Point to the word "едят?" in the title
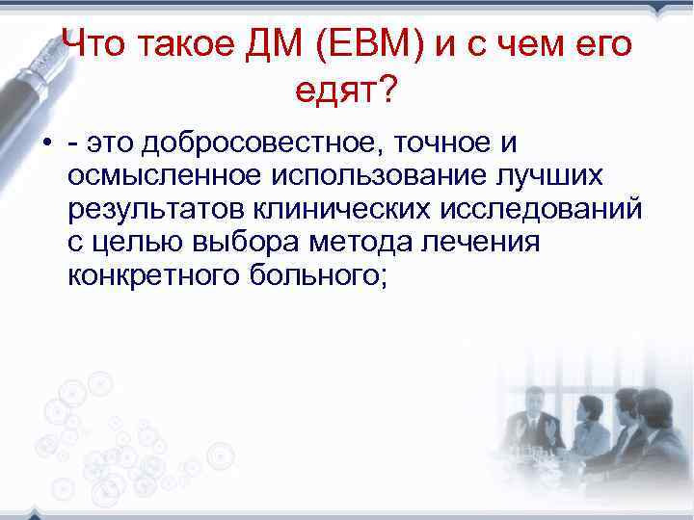pyautogui.click(x=346, y=91)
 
